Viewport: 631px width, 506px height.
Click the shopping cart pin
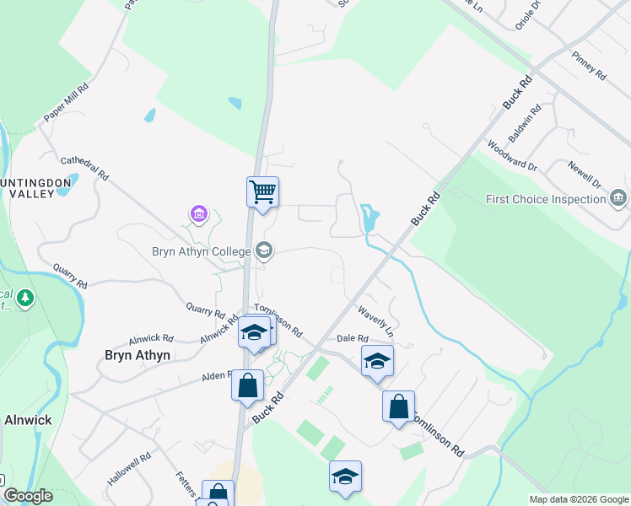pos(262,192)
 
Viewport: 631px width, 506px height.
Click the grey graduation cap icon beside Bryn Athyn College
pos(264,250)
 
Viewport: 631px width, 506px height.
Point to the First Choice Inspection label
pos(545,200)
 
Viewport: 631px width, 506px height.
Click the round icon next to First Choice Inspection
pos(618,199)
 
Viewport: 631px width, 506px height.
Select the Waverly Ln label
pos(375,317)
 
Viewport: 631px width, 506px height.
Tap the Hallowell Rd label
pos(129,469)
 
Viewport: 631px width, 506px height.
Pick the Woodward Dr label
pos(512,155)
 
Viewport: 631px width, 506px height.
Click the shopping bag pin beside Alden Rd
pos(248,385)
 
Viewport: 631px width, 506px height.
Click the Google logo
pos(28,496)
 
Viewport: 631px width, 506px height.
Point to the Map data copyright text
pos(579,499)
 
